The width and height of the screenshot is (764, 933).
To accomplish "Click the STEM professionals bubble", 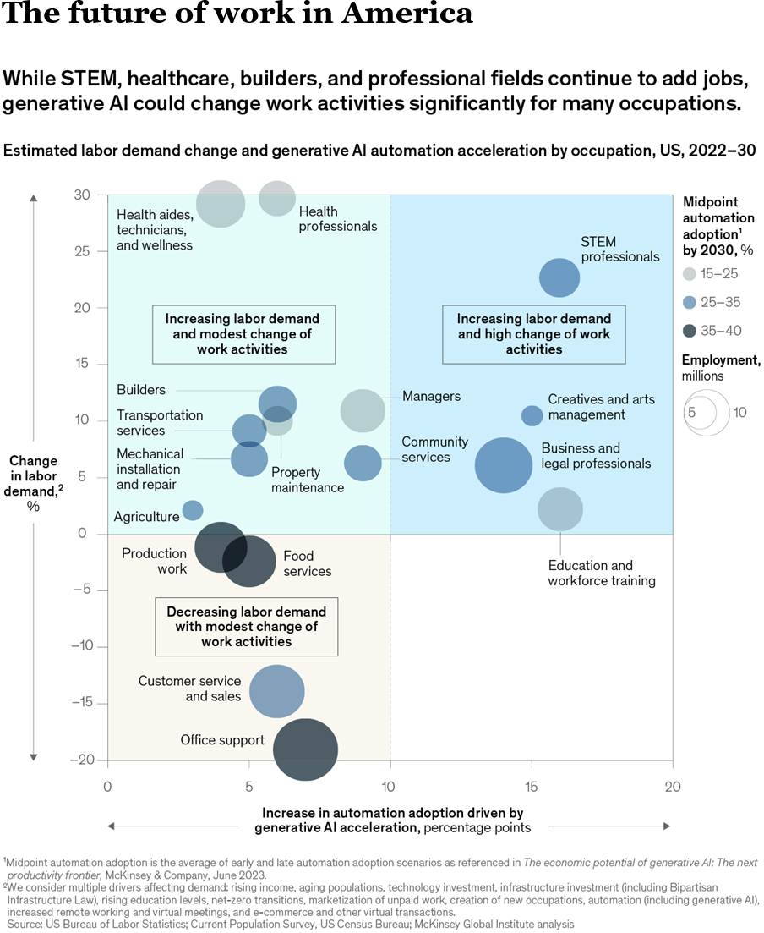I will coord(559,277).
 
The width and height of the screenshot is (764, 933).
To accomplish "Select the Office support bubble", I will coord(305,749).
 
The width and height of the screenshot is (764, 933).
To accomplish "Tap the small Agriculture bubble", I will coord(193,510).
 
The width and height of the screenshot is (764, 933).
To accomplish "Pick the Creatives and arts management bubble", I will coord(532,415).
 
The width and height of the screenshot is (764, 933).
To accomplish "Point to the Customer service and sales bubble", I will coord(276,692).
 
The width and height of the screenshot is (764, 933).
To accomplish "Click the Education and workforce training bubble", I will coord(560,509).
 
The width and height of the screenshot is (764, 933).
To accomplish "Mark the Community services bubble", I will coord(363,463).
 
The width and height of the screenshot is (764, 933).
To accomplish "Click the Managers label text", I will coord(431,396).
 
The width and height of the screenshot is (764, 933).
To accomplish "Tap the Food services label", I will coord(307,563).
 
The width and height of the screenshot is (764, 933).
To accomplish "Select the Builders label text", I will coord(141,390).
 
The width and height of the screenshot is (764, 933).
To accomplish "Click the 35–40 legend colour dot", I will coord(690,331).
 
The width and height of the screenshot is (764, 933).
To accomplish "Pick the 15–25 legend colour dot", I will coord(690,273).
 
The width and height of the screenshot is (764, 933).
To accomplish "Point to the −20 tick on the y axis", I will coord(81,760).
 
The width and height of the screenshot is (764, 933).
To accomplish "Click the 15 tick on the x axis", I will coord(532,786).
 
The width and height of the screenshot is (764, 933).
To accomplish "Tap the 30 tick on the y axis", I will coord(81,195).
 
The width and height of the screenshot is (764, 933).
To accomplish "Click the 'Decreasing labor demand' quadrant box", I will coord(246,627).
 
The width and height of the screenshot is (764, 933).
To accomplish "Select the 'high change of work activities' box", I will coord(533,334).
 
